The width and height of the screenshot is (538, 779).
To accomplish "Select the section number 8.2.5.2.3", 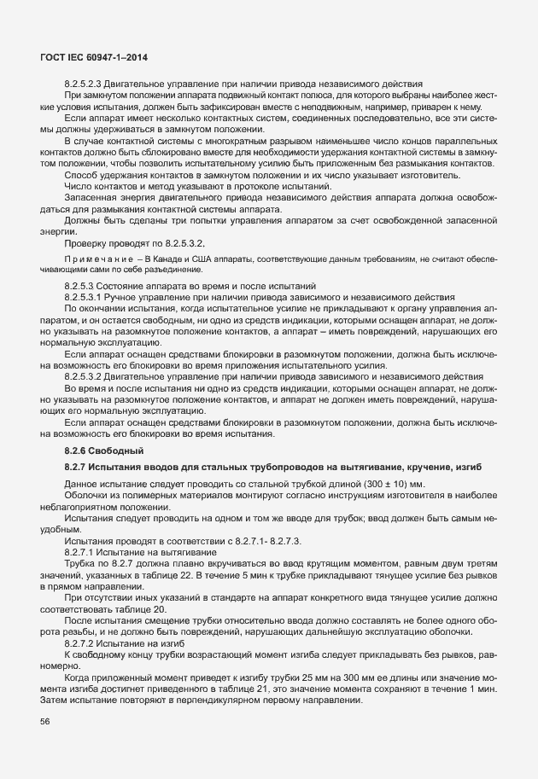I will coord(87,84).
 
